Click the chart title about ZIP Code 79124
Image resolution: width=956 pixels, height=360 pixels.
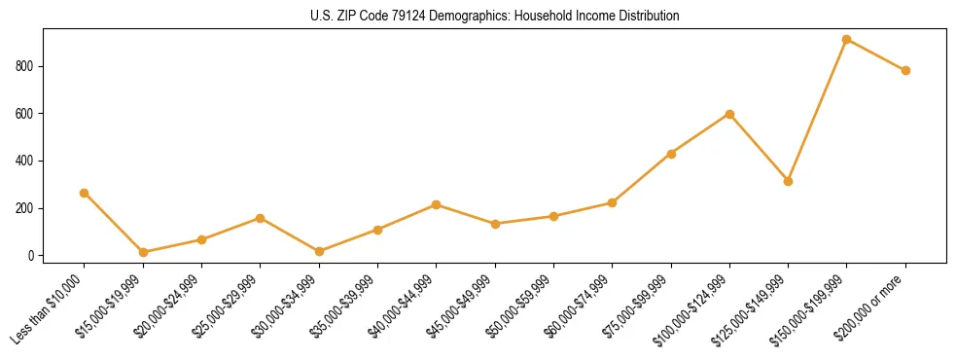(478, 16)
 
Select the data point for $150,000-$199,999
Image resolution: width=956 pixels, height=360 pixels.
(846, 39)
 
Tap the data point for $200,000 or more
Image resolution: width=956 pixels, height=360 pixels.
(905, 70)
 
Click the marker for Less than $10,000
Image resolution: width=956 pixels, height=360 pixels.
(85, 193)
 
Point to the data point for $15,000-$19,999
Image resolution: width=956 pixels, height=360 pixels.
(143, 252)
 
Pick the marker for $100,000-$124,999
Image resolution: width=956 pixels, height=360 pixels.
(729, 114)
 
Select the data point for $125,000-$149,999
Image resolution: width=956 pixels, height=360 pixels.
(788, 181)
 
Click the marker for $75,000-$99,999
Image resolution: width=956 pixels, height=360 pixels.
(671, 154)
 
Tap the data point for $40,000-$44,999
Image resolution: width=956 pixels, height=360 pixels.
(436, 204)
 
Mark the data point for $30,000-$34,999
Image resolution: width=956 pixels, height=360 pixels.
(319, 251)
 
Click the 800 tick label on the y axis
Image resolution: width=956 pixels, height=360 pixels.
(25, 66)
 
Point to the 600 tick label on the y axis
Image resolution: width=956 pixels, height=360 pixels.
(25, 114)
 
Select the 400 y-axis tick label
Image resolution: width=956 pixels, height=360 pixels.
(25, 161)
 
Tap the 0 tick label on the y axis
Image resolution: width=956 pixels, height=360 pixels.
(32, 256)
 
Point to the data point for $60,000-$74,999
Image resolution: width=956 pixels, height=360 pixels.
(612, 202)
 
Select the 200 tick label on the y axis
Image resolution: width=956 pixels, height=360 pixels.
(25, 208)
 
